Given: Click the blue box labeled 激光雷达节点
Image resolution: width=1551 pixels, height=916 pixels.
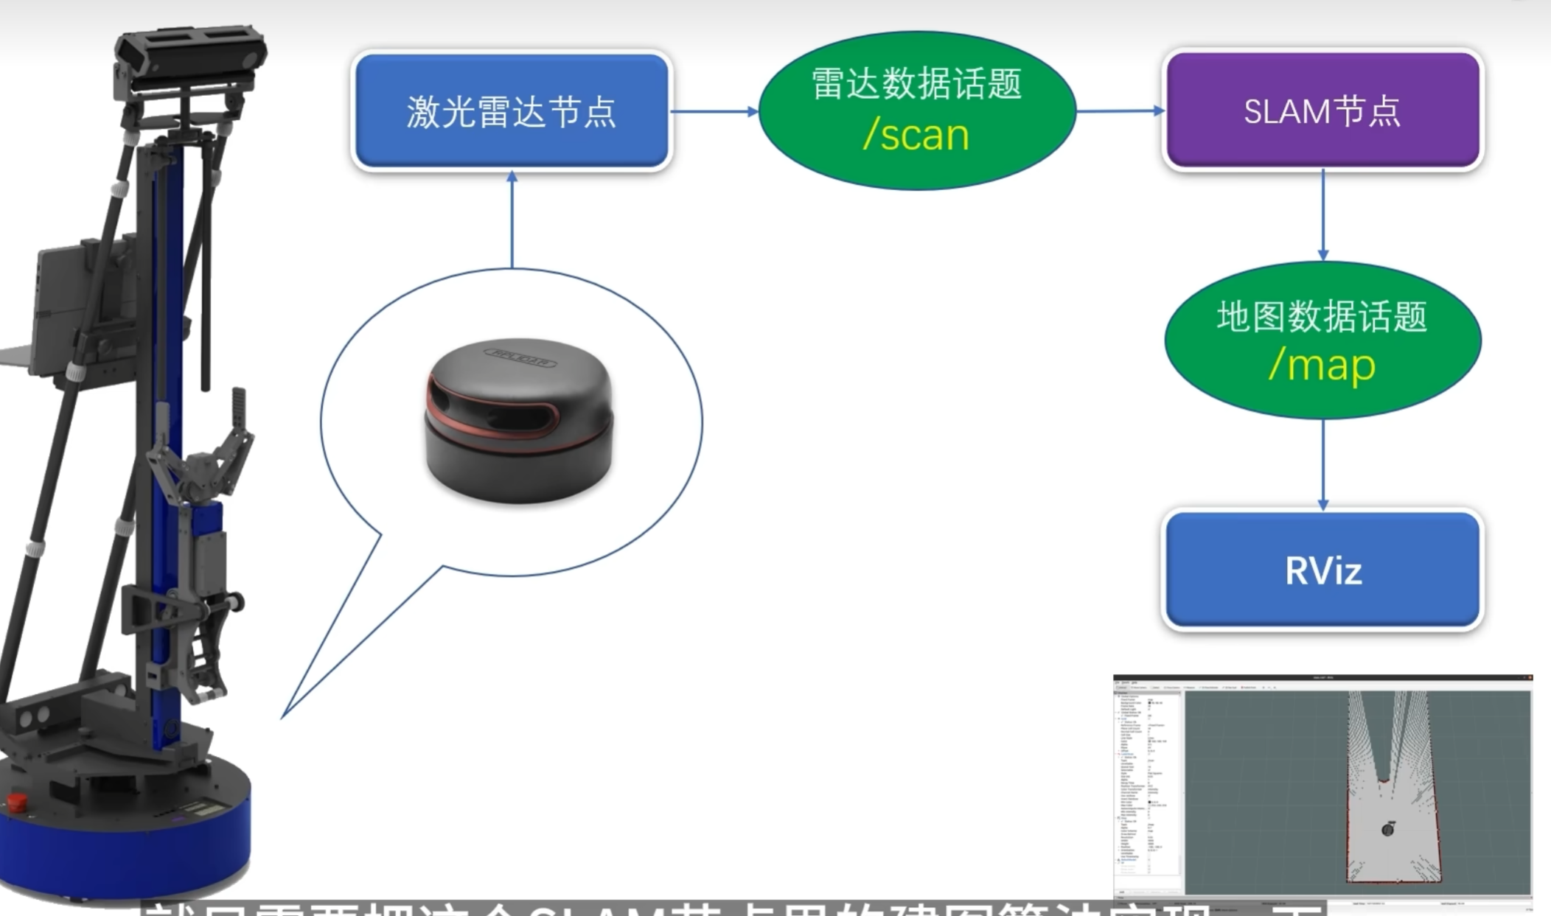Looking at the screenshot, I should coord(512,111).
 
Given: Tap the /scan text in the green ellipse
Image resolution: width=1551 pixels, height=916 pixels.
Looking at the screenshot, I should coord(916,136).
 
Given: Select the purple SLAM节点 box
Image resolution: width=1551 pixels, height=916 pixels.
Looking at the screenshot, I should coord(1322,111).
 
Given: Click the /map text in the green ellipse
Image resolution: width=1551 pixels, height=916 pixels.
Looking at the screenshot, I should coord(1322,366).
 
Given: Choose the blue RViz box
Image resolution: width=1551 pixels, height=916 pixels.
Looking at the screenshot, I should coord(1322,570).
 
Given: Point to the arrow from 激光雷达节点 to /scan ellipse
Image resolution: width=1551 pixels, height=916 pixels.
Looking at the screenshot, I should coord(714,111).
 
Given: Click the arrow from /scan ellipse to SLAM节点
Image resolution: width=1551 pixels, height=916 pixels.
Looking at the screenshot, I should coord(1120,111).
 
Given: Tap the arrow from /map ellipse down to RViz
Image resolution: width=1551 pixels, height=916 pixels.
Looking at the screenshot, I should coord(1322,465).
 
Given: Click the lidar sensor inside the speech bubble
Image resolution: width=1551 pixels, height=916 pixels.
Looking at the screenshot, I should coord(518,421).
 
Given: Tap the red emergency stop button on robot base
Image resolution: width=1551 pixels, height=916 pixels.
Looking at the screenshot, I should coord(16,801).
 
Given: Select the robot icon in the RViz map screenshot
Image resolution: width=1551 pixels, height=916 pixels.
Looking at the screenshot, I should coord(1387,829).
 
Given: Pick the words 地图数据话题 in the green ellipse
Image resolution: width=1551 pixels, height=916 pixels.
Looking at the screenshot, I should coord(1322,317).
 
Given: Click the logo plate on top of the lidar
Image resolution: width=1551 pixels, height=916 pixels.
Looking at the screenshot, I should coord(520,355).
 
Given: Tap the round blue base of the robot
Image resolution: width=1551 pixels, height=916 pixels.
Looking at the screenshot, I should coord(125,847).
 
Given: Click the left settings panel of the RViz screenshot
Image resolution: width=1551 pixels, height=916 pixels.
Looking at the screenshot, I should coord(1148,789).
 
